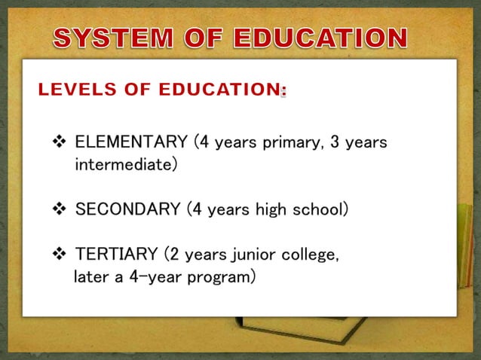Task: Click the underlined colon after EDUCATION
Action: [283, 91]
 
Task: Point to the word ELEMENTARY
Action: [131, 142]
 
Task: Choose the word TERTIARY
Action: [113, 255]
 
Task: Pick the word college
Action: [313, 255]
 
